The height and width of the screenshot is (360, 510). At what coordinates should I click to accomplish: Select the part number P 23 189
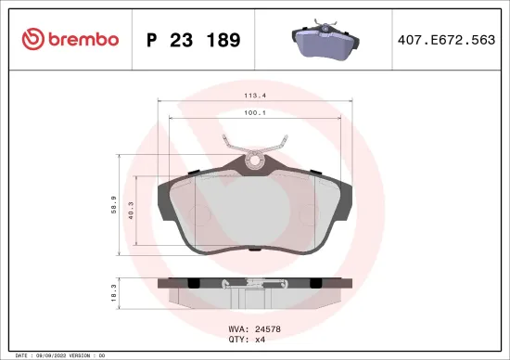(x=194, y=40)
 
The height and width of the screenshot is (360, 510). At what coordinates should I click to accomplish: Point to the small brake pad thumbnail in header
(x=320, y=42)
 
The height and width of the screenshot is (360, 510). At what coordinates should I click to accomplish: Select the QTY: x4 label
(x=247, y=339)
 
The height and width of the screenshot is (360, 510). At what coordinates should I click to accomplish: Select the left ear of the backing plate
(x=168, y=197)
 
